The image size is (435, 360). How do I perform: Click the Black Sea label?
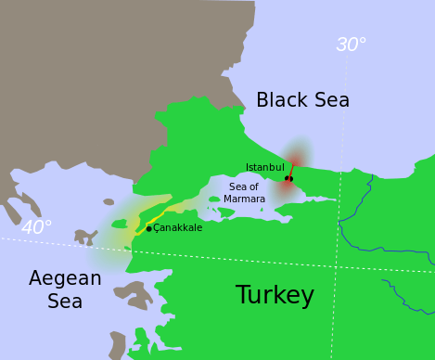coord(302,100)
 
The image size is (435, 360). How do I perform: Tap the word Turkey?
coord(275,295)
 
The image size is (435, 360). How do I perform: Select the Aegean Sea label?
coord(65,289)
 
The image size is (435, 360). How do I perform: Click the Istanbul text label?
coord(264,167)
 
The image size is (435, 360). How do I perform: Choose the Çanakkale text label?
coord(177,228)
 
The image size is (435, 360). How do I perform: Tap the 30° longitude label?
coord(351,45)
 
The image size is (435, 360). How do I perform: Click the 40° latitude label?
coord(36,227)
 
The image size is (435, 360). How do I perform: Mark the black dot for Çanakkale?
coord(148,228)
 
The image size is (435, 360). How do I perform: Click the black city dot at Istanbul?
coord(288,178)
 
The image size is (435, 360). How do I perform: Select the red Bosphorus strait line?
coord(292,169)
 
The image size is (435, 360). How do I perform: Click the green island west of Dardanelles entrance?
coord(119,224)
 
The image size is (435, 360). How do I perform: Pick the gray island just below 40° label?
coord(85,237)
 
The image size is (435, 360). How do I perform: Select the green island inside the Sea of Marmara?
coord(214,199)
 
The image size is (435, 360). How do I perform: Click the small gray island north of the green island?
coord(109,201)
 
